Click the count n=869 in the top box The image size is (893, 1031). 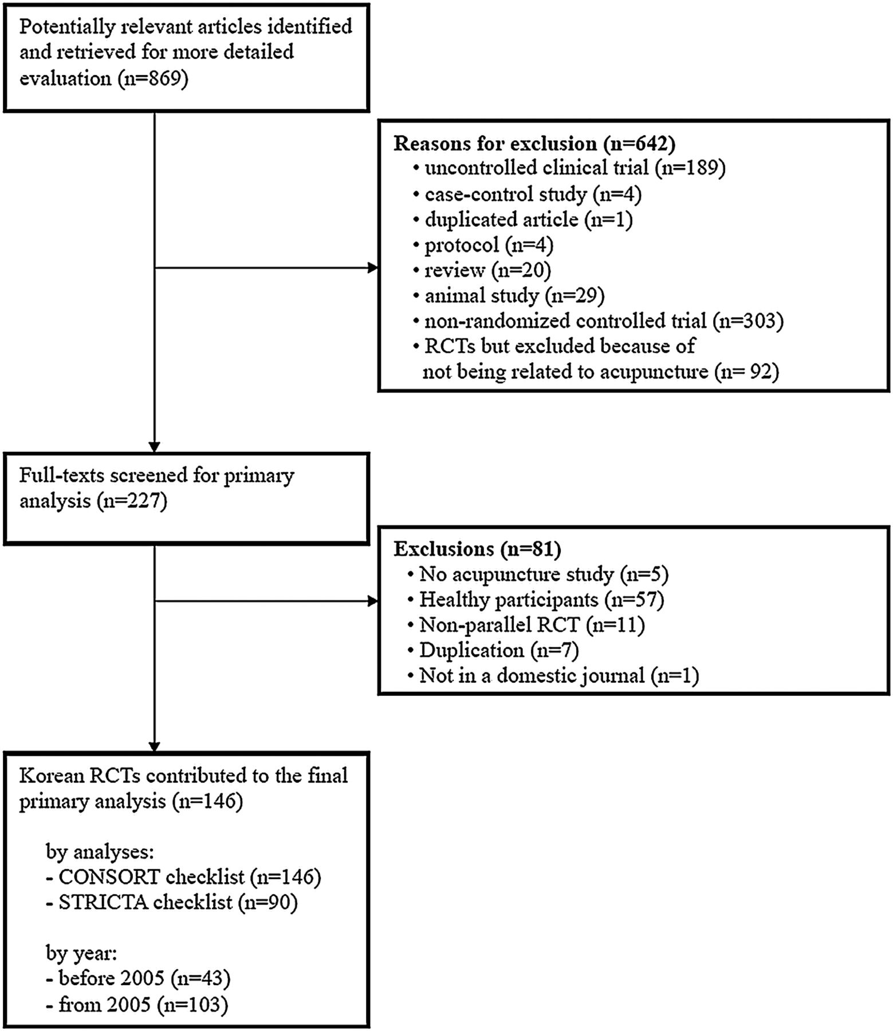tap(153, 78)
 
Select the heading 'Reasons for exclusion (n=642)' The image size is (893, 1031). tap(534, 143)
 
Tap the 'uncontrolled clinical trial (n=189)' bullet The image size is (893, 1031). tap(569, 168)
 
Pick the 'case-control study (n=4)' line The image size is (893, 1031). tap(527, 194)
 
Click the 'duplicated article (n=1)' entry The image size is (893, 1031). tap(522, 219)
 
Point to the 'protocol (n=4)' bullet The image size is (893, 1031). tap(483, 245)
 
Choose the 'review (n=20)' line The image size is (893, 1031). tap(482, 270)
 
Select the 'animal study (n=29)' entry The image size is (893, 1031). tap(509, 296)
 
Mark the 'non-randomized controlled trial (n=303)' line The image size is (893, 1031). tap(598, 321)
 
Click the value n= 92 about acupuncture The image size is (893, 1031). tap(747, 372)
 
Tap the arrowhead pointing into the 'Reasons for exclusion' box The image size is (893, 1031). tap(372, 267)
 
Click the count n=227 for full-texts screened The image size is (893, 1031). tap(132, 501)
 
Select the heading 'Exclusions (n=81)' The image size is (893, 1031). tap(477, 549)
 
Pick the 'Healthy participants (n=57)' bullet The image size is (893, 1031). tap(536, 600)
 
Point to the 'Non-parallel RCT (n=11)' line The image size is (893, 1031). tap(526, 625)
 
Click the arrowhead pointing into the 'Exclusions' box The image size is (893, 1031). tap(372, 601)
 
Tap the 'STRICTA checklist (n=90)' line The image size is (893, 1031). tap(172, 903)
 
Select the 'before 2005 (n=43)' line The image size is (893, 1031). tap(138, 978)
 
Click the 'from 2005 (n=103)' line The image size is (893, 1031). tap(137, 1004)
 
